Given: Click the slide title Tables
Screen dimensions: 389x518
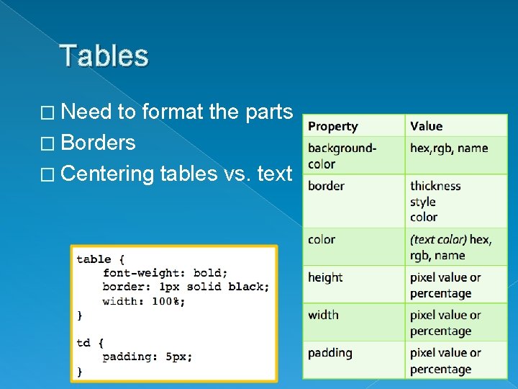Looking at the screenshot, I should tap(104, 56).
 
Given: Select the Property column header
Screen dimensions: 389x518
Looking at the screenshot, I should tap(332, 126).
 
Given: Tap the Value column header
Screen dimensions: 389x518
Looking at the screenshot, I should tap(427, 126).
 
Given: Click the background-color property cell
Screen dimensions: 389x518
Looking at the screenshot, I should tap(342, 156).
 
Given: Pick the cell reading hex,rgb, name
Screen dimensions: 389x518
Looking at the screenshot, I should tap(449, 148).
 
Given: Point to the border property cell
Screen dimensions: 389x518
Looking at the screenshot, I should tap(326, 186).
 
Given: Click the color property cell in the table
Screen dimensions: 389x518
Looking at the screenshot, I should tap(322, 239).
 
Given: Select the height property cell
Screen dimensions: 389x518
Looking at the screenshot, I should tap(325, 277).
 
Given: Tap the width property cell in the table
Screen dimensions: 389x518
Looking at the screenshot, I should tap(323, 315).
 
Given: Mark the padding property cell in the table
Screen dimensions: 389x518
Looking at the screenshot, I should tap(330, 353).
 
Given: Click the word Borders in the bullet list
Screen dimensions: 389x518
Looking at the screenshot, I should tap(98, 143).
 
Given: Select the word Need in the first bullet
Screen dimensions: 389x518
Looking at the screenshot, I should tap(86, 112).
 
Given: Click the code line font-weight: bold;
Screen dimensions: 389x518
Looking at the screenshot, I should tap(165, 273).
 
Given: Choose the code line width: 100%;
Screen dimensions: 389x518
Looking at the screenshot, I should tap(144, 301).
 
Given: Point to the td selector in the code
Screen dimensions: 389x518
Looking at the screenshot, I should tap(83, 343).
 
